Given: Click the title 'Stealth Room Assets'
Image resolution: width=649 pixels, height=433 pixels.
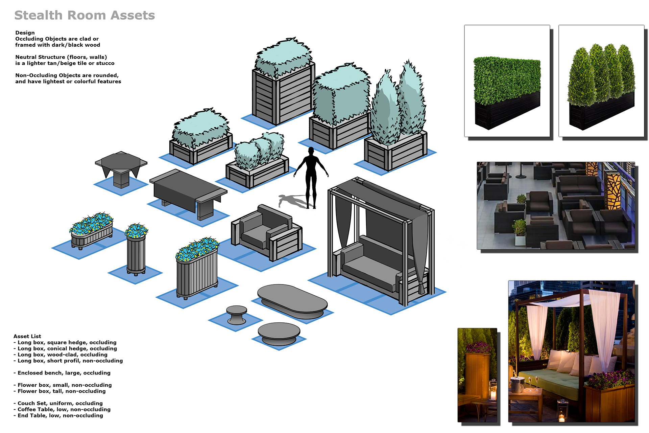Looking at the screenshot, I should (85, 16).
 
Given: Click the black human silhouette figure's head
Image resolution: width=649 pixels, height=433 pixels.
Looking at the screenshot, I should (311, 151).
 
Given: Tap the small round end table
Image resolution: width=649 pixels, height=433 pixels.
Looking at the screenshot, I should (237, 315).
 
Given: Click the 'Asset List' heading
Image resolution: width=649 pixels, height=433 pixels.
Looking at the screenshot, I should (27, 336).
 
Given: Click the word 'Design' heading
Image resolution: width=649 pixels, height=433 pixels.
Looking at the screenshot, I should (25, 33).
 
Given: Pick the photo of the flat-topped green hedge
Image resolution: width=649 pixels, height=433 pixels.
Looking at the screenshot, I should (507, 81).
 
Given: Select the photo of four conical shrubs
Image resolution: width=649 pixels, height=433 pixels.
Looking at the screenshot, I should (601, 81).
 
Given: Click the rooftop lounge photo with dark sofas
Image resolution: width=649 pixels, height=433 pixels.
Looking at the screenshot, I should (556, 205).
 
